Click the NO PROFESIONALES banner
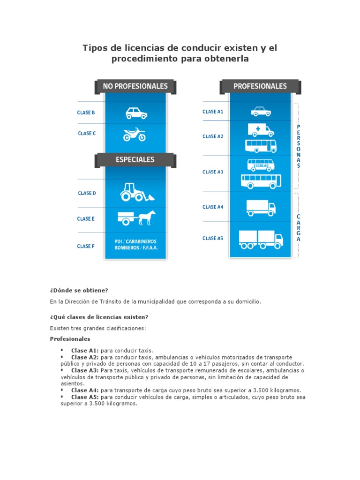click(135, 86)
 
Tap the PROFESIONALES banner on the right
click(260, 86)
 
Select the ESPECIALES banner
click(135, 160)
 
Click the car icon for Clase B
click(136, 113)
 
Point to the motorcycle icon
click(135, 135)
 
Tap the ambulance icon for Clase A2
click(260, 130)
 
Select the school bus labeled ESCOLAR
click(261, 165)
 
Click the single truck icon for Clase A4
click(261, 208)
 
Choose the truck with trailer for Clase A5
click(261, 239)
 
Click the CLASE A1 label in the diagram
click(213, 112)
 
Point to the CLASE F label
click(86, 246)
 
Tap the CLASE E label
click(86, 219)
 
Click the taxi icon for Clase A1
click(261, 112)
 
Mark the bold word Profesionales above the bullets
click(70, 338)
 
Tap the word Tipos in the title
click(94, 48)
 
